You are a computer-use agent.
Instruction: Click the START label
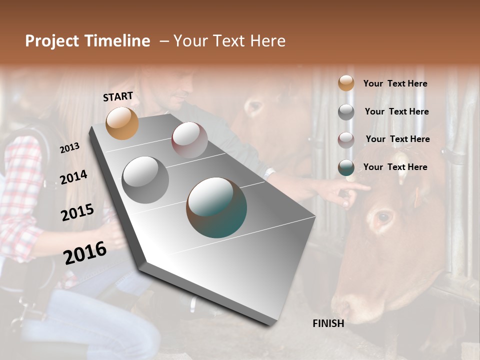click(118, 96)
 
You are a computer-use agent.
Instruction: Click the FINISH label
click(328, 323)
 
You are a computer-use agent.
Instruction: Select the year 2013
click(69, 147)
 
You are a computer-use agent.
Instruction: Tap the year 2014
click(73, 177)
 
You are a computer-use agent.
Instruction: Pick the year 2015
click(77, 212)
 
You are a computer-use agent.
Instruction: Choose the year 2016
click(85, 252)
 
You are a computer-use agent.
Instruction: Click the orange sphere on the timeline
click(122, 123)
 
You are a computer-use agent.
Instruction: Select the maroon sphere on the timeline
click(189, 140)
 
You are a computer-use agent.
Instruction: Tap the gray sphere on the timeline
click(145, 179)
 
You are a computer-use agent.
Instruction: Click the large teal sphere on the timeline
click(216, 207)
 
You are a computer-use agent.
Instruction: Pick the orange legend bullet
click(346, 83)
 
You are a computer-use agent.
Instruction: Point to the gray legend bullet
click(346, 111)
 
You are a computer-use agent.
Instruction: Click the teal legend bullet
click(346, 167)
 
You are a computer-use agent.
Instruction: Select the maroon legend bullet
click(346, 139)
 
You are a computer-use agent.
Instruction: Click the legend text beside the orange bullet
click(395, 83)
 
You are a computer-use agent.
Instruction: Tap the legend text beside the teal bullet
click(395, 167)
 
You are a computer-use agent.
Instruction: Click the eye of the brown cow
click(383, 217)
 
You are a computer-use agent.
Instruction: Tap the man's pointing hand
click(350, 192)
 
